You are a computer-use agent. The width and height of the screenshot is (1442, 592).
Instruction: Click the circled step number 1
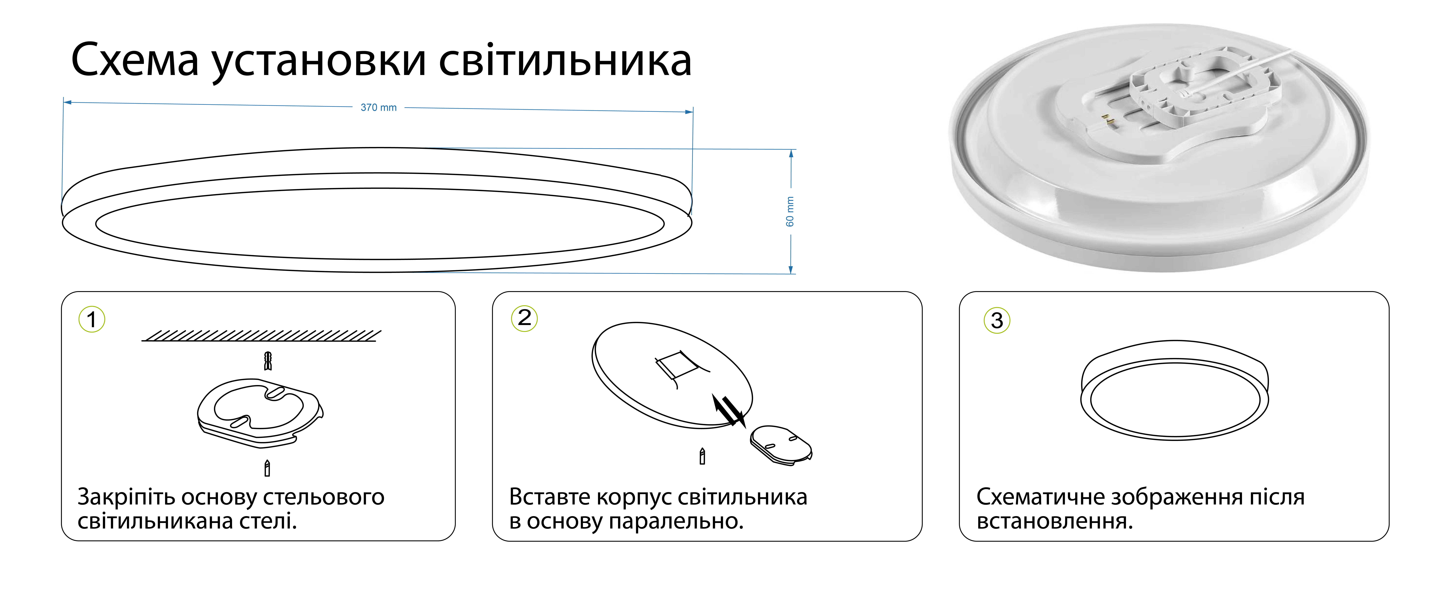coord(92,320)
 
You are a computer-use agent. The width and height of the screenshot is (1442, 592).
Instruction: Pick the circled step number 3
coord(996,321)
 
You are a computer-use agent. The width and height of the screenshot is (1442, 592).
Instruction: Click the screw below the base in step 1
coord(267,468)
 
